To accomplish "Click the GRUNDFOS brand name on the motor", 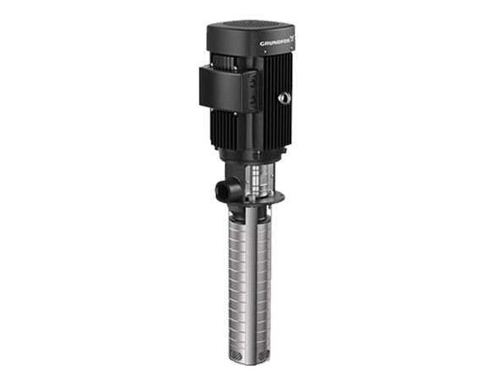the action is point(275,42).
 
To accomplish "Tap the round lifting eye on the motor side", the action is point(284,97).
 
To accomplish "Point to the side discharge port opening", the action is point(221,190).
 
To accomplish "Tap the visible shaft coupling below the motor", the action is point(257,180).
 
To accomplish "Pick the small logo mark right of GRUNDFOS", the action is point(292,38).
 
